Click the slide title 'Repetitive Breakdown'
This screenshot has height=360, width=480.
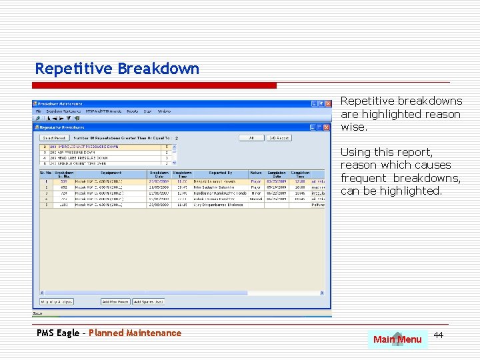pos(117,69)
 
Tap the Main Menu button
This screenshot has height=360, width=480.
pos(397,339)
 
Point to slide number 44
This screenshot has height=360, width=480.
pos(438,334)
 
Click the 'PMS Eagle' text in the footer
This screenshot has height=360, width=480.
pos(58,333)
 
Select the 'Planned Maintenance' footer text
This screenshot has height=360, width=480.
pos(135,333)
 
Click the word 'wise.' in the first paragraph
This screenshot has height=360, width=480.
pos(353,127)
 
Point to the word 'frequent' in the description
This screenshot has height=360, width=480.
pos(363,178)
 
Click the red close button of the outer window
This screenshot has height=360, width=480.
pos(327,104)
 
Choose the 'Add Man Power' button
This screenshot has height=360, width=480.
pos(115,301)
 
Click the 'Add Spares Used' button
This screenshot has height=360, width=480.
pos(149,301)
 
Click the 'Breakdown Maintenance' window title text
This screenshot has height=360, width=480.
pos(60,104)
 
